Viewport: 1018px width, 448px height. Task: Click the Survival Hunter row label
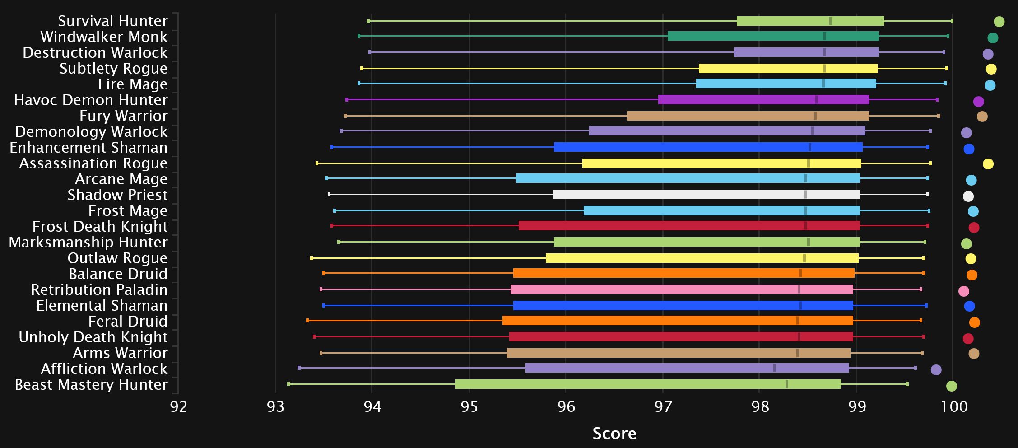pos(112,21)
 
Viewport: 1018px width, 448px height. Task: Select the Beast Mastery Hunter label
pos(91,385)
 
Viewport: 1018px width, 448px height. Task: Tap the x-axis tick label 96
pos(566,407)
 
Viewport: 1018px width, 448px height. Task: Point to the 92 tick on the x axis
pos(178,407)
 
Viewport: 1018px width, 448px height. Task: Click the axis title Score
pos(614,434)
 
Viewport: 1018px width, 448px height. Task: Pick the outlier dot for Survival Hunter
pos(999,22)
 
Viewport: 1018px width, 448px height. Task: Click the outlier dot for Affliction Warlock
pos(936,370)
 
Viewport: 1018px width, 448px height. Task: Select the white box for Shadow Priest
pos(706,195)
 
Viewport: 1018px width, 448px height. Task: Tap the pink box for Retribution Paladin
pos(681,289)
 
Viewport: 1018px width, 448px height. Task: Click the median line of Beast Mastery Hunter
pos(787,384)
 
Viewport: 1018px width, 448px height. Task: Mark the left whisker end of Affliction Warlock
pos(299,368)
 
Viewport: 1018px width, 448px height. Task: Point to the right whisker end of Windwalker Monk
pos(948,36)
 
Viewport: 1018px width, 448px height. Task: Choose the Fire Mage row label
pos(132,84)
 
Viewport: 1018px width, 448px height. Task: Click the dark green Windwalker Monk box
pos(773,36)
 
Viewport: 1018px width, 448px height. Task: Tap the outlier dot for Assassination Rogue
pos(988,164)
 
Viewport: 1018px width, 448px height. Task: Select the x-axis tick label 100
pos(954,407)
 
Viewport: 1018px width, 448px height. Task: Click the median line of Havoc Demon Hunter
pos(816,100)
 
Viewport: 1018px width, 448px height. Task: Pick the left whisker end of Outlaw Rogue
pos(311,258)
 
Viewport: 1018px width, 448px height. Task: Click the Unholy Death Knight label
pos(93,337)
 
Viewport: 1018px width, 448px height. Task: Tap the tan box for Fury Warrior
pos(748,116)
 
